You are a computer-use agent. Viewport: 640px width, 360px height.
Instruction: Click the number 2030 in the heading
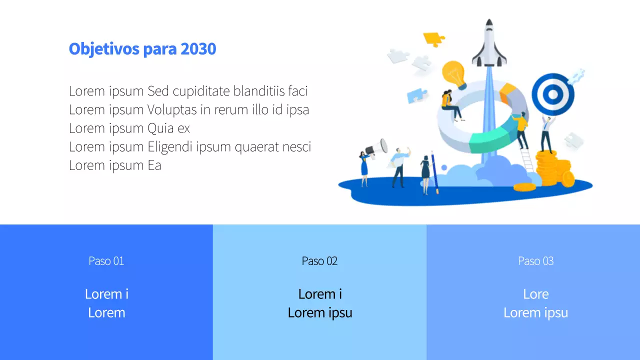(198, 49)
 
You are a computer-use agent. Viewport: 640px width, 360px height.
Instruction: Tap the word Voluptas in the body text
(172, 110)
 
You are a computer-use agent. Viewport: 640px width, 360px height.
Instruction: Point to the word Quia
(160, 128)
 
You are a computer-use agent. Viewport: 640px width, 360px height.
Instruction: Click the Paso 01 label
(106, 261)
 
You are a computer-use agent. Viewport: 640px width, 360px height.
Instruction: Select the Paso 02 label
(319, 261)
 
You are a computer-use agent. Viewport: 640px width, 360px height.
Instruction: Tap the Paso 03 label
(535, 261)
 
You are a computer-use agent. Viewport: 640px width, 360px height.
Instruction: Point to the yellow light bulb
(453, 73)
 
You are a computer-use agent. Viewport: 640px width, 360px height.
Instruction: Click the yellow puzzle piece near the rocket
(433, 38)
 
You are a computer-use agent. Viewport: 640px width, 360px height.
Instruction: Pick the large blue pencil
(435, 172)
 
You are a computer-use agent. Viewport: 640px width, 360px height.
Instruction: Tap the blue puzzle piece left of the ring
(416, 95)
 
